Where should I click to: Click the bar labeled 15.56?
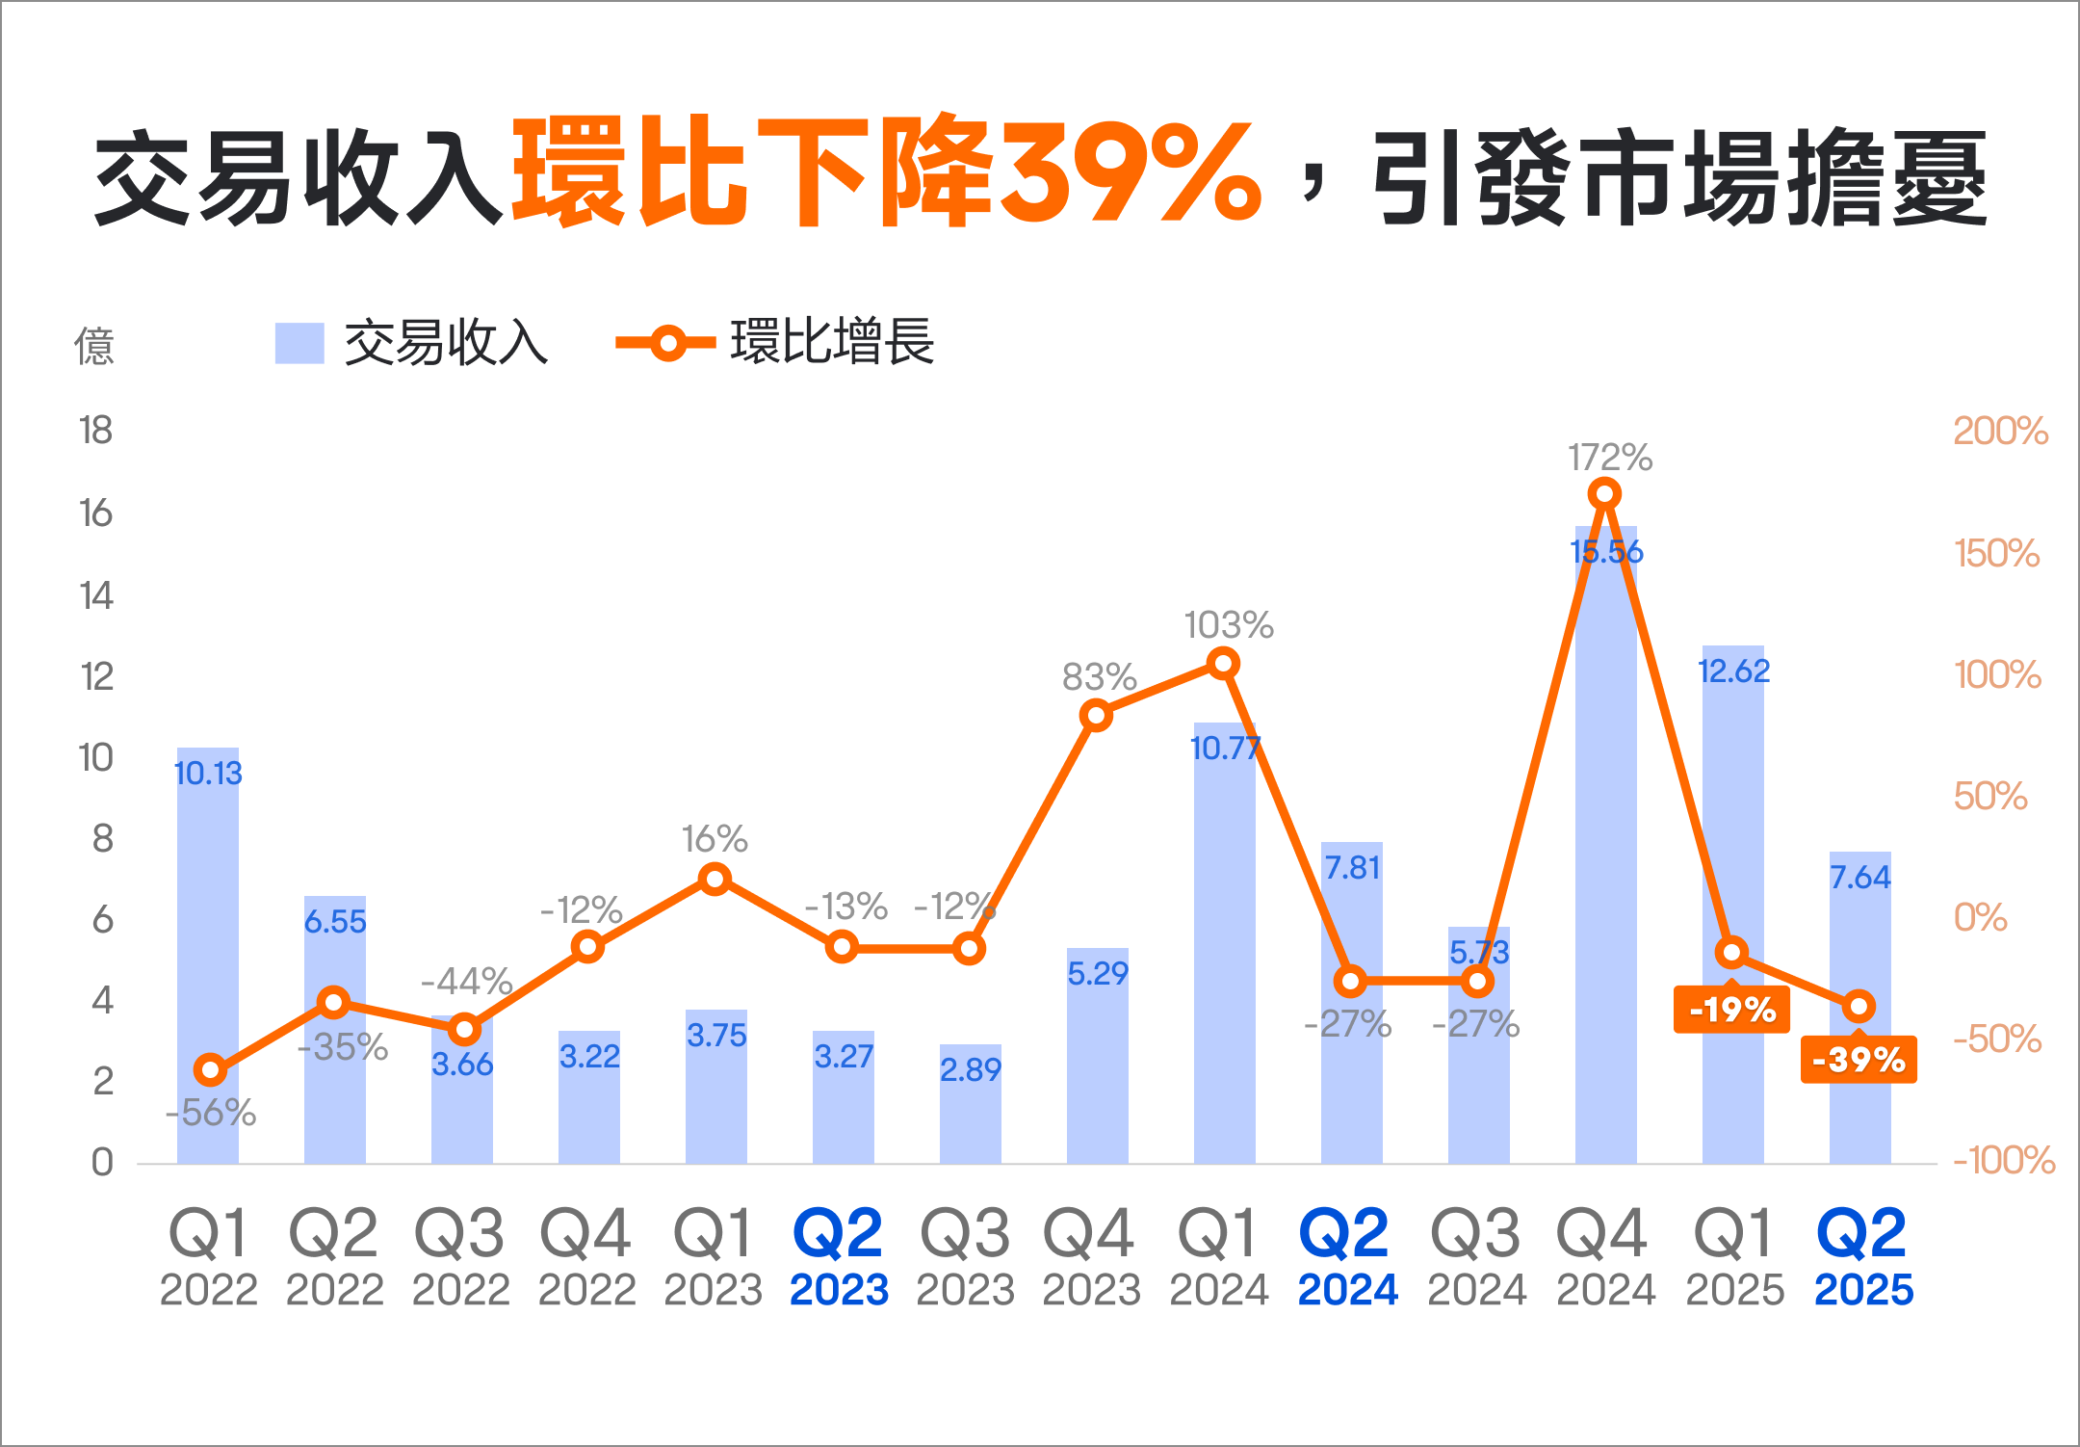point(1605,848)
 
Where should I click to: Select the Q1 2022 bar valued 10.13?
point(208,954)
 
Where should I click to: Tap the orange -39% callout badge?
point(1859,1060)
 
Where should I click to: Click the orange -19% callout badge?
point(1731,1010)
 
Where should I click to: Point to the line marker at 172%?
point(1604,494)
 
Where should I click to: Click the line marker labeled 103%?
point(1223,664)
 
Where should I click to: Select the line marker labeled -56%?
point(210,1069)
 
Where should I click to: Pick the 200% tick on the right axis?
point(2000,431)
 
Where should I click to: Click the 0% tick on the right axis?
point(1980,917)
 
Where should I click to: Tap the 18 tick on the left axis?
point(96,431)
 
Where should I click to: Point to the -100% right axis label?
point(2003,1160)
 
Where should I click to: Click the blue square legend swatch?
point(299,343)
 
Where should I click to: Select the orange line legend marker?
point(666,343)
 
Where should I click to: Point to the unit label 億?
point(94,346)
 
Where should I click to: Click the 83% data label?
point(1099,677)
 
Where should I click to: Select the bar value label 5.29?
point(1097,973)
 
